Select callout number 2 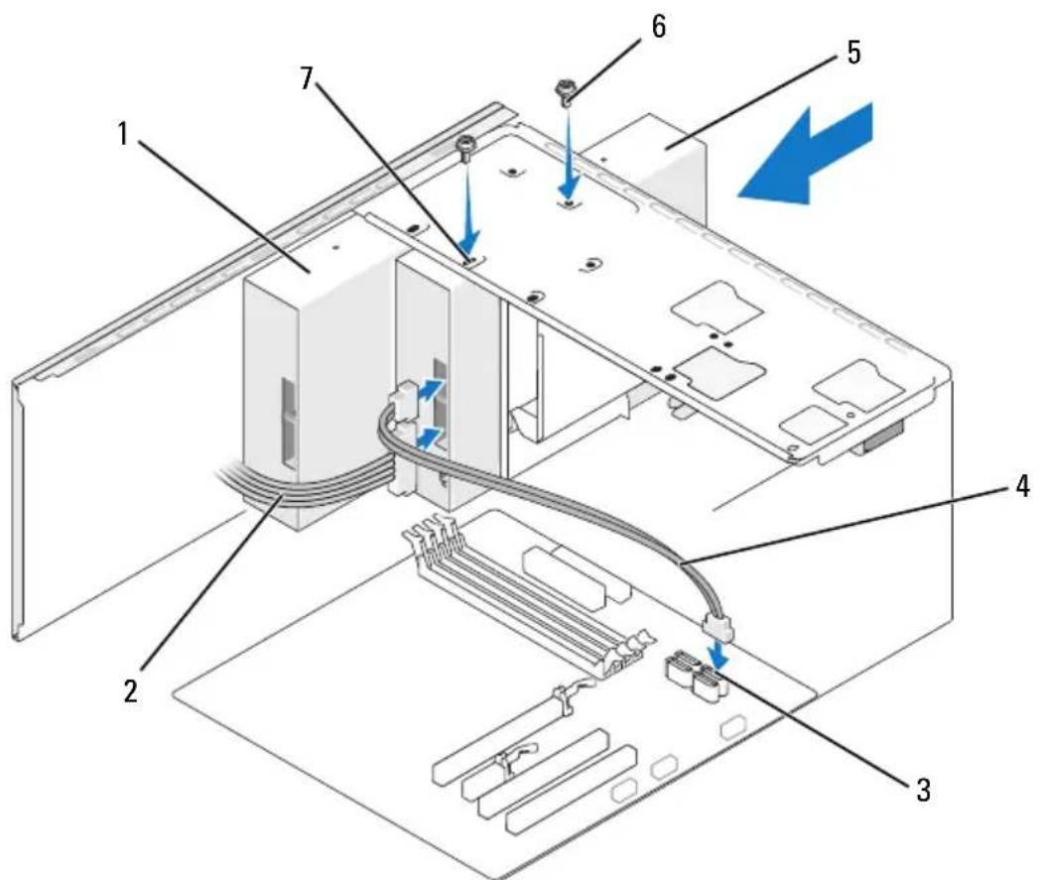click(131, 691)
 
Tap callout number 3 click(923, 790)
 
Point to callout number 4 click(1020, 486)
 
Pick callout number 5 click(852, 52)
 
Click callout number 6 click(657, 27)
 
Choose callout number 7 click(307, 79)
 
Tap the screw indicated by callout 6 click(566, 92)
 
